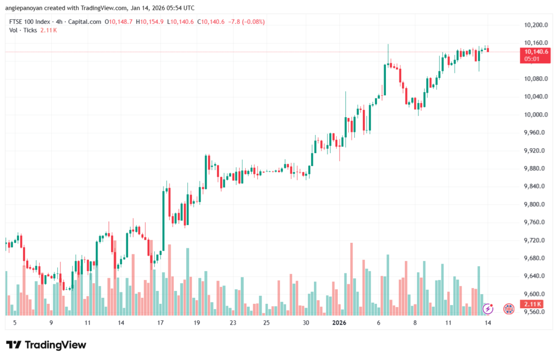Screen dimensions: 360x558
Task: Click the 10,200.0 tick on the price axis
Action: click(x=535, y=25)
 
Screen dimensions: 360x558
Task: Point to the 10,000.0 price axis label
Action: click(x=535, y=115)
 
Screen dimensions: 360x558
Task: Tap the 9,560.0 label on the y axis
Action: click(x=535, y=312)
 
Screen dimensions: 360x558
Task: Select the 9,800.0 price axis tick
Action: click(x=535, y=204)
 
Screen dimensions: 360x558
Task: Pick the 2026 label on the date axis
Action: click(x=339, y=323)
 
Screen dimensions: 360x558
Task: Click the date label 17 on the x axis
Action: click(x=160, y=323)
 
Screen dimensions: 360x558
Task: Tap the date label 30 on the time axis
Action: click(x=306, y=323)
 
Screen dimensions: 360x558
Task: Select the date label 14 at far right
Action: click(x=488, y=323)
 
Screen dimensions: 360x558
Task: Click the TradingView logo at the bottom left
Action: click(x=46, y=345)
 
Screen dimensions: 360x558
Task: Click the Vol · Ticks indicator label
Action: click(x=22, y=30)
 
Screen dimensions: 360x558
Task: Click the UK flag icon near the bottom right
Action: click(x=509, y=309)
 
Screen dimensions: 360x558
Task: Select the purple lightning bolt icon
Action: click(x=488, y=309)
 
